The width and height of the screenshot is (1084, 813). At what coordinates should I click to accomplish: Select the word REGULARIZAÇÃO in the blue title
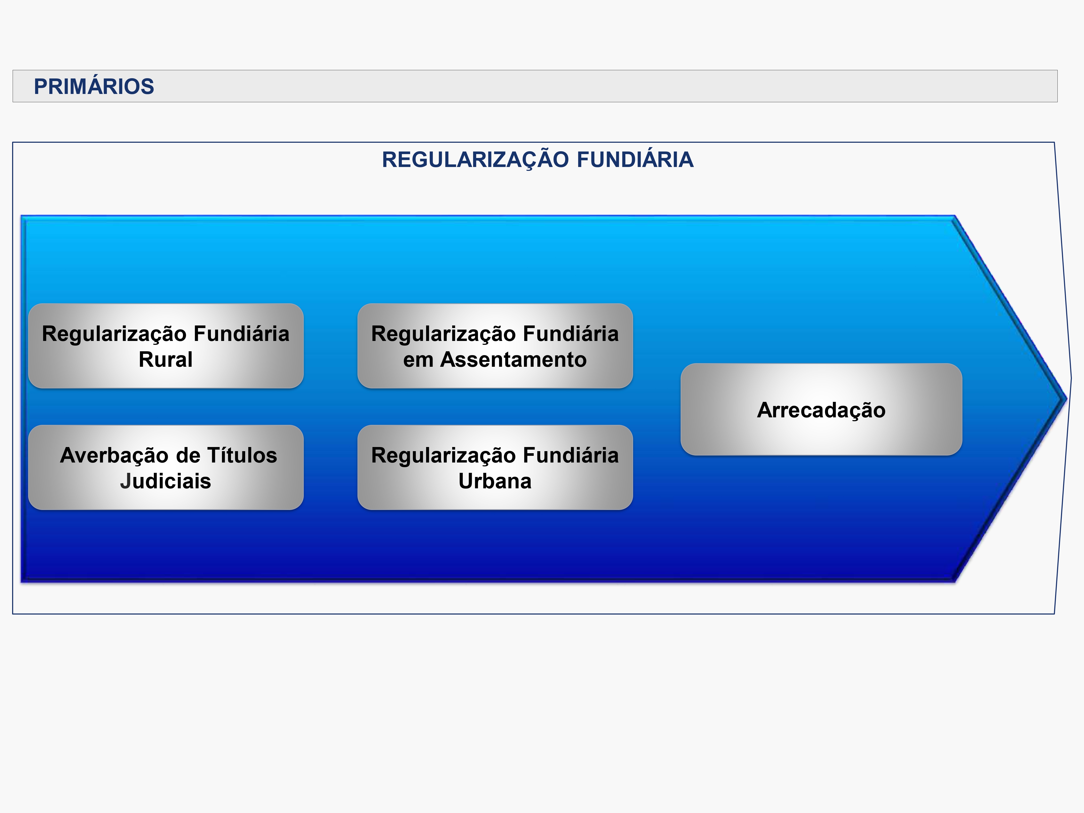pos(475,160)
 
